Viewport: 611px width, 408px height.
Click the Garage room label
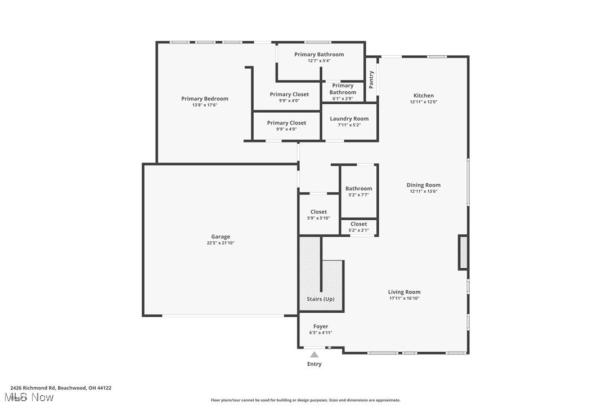click(x=221, y=237)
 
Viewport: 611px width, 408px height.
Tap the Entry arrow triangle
click(x=315, y=354)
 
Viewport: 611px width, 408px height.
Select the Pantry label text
click(x=371, y=79)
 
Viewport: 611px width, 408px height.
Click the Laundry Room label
click(x=349, y=119)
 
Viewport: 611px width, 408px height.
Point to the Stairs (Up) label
click(x=321, y=299)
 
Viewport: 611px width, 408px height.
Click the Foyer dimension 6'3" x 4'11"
click(x=321, y=332)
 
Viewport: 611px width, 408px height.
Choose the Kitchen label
click(x=424, y=96)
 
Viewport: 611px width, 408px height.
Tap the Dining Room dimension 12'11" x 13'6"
click(x=424, y=192)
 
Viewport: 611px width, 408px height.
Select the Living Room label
click(x=404, y=292)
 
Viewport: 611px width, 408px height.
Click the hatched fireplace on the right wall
click(x=464, y=252)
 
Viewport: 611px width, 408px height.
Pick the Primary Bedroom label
click(x=205, y=99)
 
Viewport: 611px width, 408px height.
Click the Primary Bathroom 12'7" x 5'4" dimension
click(x=319, y=61)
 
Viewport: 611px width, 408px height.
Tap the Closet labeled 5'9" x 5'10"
click(x=318, y=212)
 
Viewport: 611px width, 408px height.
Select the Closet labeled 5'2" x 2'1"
click(x=358, y=224)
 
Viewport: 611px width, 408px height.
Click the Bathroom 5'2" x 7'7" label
click(x=358, y=189)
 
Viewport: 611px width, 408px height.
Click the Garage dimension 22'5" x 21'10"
click(x=221, y=243)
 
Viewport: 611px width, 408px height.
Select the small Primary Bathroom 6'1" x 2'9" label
click(x=343, y=89)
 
